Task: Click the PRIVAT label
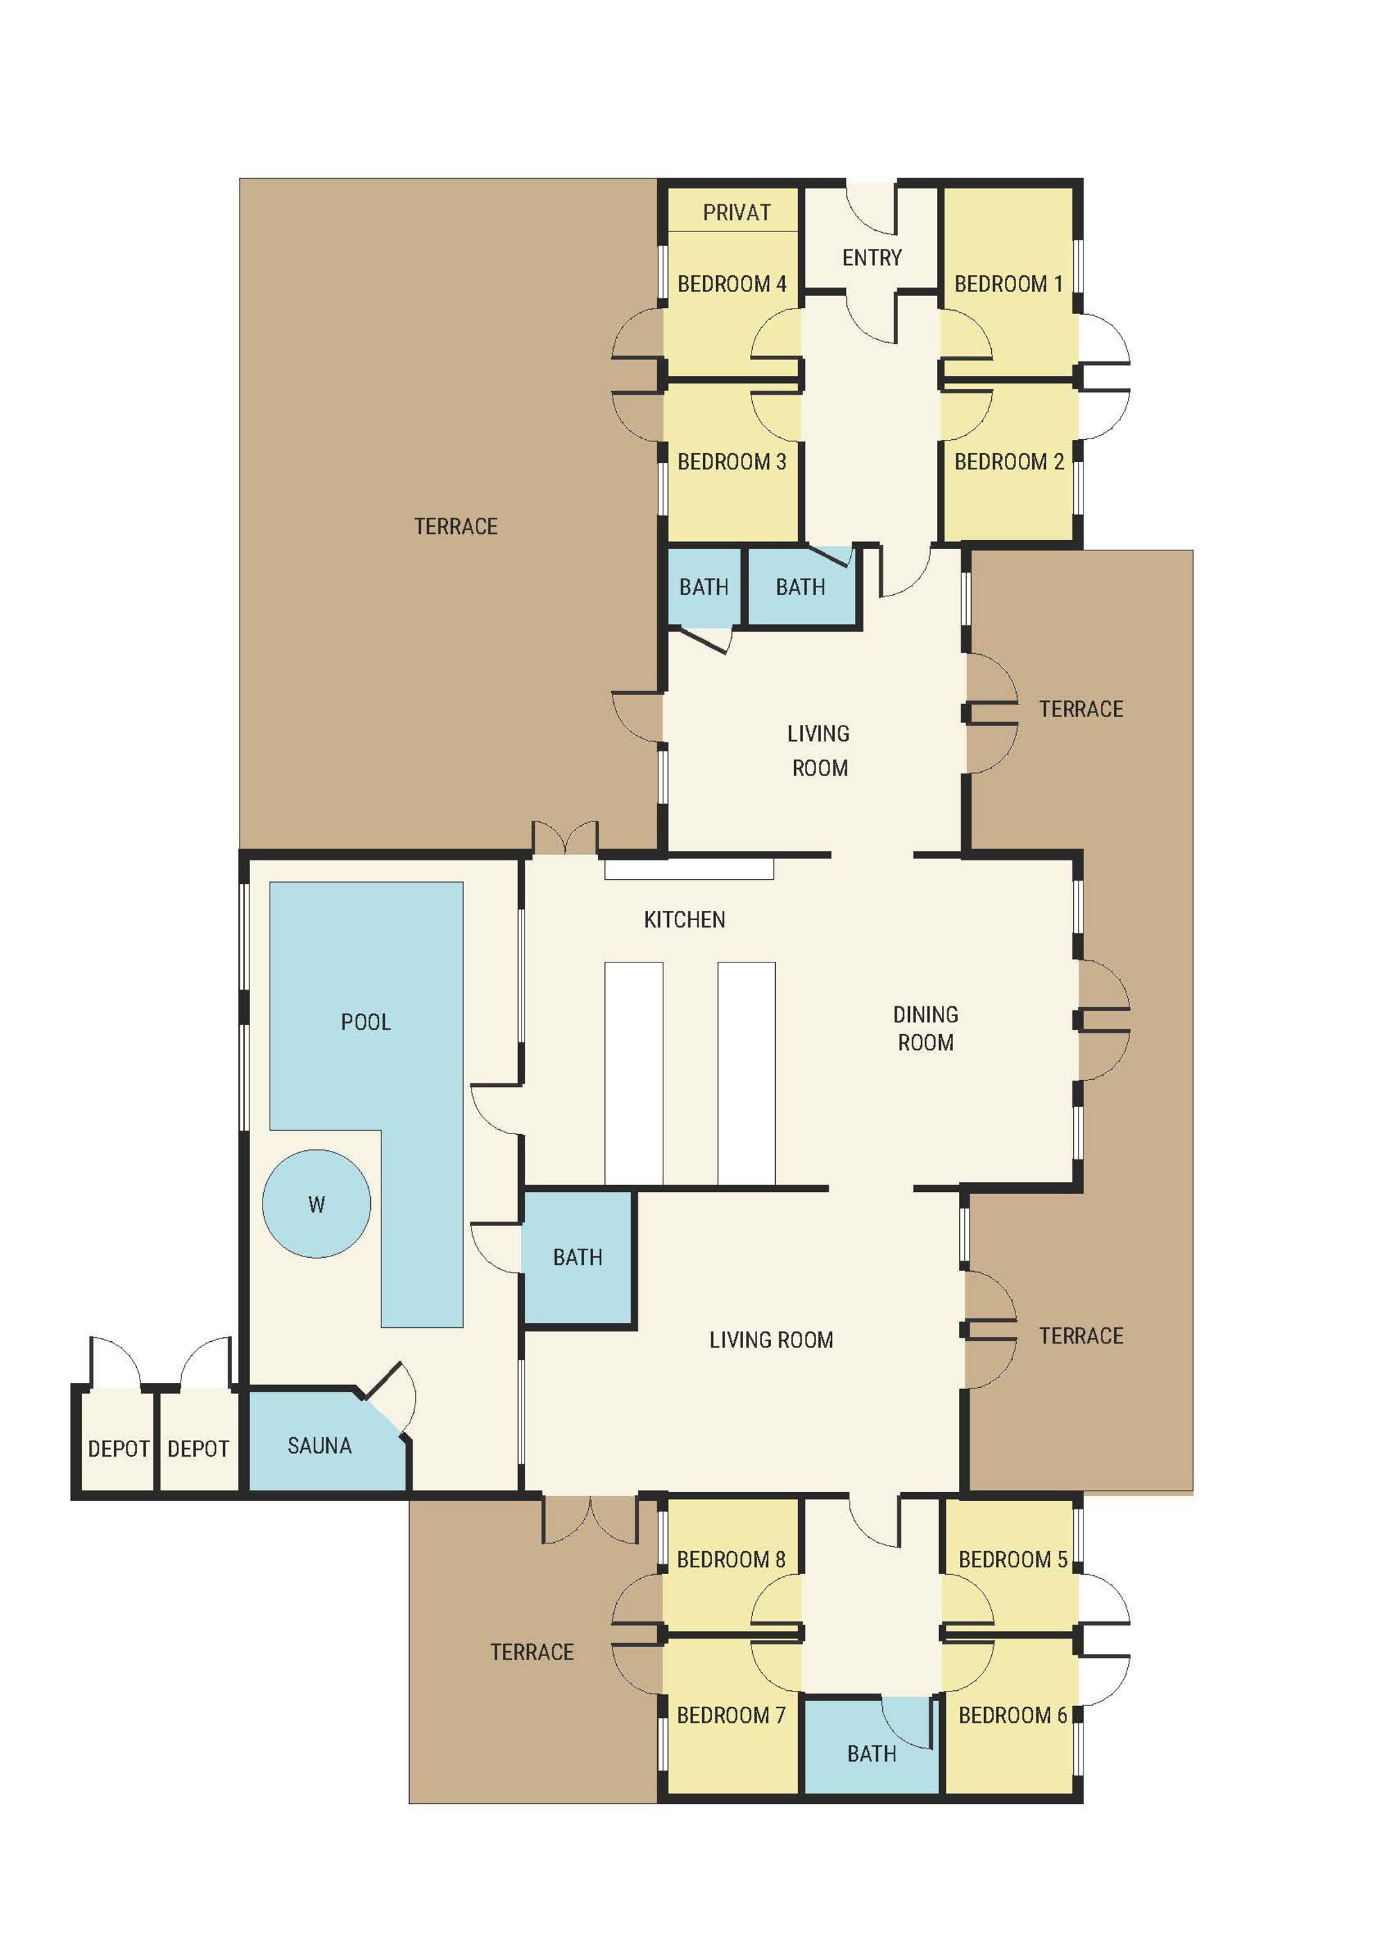pos(736,213)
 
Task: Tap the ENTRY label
pos(871,257)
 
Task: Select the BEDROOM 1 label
pos(1008,284)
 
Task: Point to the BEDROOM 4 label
pos(731,284)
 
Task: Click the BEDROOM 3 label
pos(731,462)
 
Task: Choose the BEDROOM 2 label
pos(1008,462)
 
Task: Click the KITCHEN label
pos(684,920)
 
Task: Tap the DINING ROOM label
pos(925,1029)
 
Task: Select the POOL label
pos(366,1022)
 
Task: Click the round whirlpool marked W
pos(316,1204)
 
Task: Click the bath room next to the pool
pos(578,1258)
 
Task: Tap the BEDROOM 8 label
pos(731,1559)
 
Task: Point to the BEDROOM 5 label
pos(1013,1559)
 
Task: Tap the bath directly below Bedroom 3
pos(704,587)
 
